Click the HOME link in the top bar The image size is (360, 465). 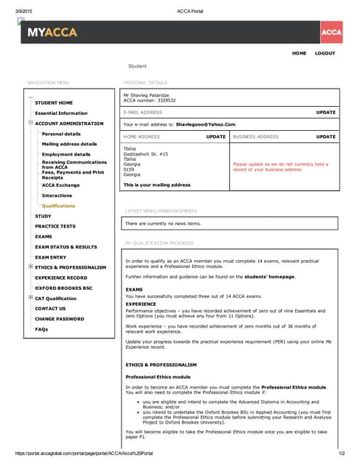point(299,53)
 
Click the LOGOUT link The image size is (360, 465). point(325,53)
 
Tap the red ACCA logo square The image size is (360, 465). point(331,33)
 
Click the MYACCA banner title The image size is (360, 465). point(52,33)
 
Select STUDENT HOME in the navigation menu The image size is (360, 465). point(54,103)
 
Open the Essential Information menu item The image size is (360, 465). point(61,113)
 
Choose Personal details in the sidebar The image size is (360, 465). point(61,134)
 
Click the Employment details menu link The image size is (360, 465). point(66,154)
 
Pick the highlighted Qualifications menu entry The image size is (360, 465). point(58,206)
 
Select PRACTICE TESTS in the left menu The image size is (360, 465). point(55,226)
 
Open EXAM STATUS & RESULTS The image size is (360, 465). point(65,247)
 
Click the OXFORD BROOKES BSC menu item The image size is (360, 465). point(64,288)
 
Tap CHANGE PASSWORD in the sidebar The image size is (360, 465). point(60,319)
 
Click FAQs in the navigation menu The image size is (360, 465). point(41,329)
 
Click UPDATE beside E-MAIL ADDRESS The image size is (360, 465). point(326,113)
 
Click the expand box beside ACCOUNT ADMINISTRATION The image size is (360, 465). point(31,123)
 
